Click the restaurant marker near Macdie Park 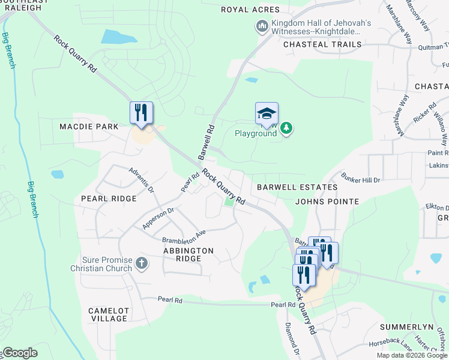pyautogui.click(x=142, y=113)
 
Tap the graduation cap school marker pyautogui.click(x=267, y=114)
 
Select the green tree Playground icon pyautogui.click(x=287, y=128)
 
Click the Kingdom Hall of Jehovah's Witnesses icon pyautogui.click(x=262, y=26)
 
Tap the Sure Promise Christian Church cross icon pyautogui.click(x=141, y=263)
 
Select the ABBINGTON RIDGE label pyautogui.click(x=188, y=254)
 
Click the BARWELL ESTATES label pyautogui.click(x=297, y=187)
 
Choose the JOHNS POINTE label pyautogui.click(x=327, y=202)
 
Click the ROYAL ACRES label pyautogui.click(x=250, y=10)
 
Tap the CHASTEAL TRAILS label pyautogui.click(x=322, y=44)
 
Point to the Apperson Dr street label pyautogui.click(x=158, y=218)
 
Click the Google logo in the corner pyautogui.click(x=20, y=353)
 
